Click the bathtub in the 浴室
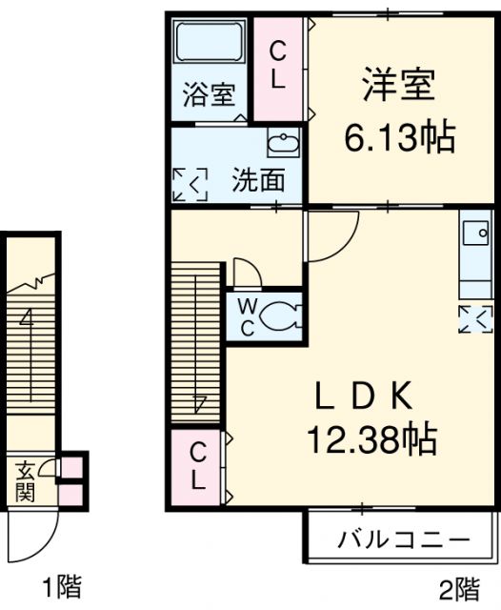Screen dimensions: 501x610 pyautogui.click(x=210, y=41)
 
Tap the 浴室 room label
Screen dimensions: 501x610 pyautogui.click(x=210, y=93)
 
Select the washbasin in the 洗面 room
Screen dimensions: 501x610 pyautogui.click(x=284, y=143)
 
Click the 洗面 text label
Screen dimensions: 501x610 pyautogui.click(x=258, y=180)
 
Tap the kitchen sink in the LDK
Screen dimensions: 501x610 pyautogui.click(x=476, y=233)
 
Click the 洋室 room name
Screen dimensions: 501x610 pyautogui.click(x=398, y=84)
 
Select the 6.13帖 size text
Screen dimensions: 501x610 pyautogui.click(x=399, y=137)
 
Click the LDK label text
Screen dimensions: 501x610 pyautogui.click(x=364, y=396)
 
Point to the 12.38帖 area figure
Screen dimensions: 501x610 pyautogui.click(x=372, y=439)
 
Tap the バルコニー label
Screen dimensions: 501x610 pyautogui.click(x=404, y=539)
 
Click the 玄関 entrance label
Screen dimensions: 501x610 pyautogui.click(x=26, y=480)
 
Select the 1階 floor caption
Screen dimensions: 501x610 pyautogui.click(x=62, y=587)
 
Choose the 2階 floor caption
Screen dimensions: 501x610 pyautogui.click(x=459, y=590)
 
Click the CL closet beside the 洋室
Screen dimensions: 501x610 pyautogui.click(x=278, y=69)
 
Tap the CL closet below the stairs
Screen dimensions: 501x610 pyautogui.click(x=197, y=467)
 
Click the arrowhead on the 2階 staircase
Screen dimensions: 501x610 pyautogui.click(x=199, y=404)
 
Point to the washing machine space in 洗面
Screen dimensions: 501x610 pyautogui.click(x=190, y=184)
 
